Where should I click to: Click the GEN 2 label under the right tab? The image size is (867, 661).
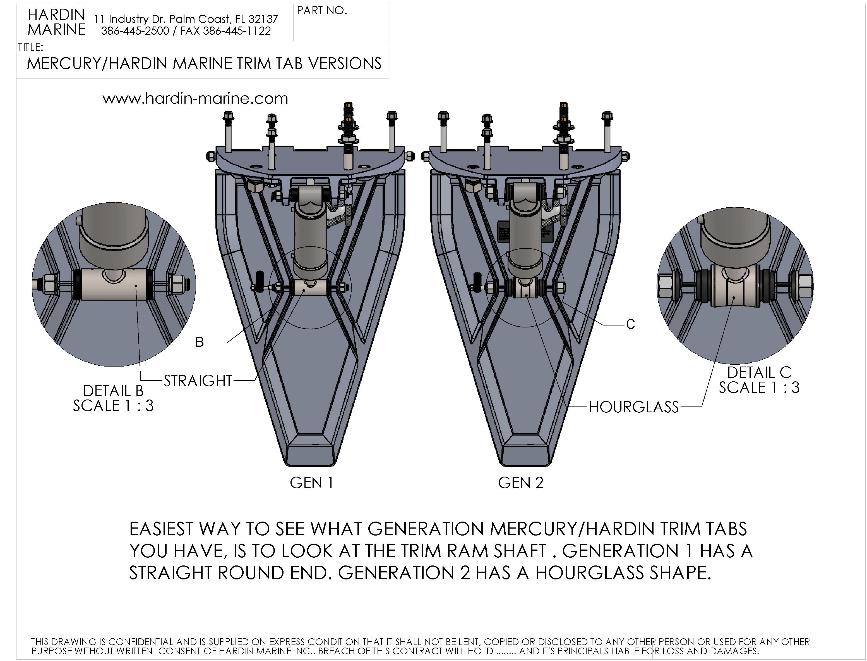click(520, 483)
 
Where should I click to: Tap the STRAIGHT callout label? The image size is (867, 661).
click(198, 381)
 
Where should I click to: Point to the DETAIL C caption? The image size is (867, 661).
click(759, 372)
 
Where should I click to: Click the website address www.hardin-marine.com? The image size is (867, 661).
click(195, 98)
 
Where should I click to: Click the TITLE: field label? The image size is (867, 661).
click(30, 47)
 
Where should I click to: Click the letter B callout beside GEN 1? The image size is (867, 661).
click(200, 342)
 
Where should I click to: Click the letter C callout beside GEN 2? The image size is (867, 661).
click(630, 324)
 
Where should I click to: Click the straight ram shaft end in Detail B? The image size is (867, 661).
click(114, 284)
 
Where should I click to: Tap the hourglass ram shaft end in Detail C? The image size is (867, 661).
click(734, 286)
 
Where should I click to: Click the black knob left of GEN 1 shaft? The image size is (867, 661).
click(260, 282)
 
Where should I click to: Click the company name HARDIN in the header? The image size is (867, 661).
click(56, 15)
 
